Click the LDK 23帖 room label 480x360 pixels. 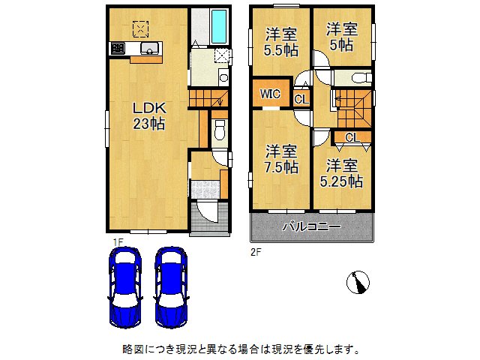tap(149, 115)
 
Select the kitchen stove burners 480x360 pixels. tap(118, 49)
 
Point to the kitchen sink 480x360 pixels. tap(149, 49)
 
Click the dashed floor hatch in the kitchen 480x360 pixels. tap(140, 28)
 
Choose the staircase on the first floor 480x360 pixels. tap(206, 97)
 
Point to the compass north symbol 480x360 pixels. tap(358, 282)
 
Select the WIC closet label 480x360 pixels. tap(271, 95)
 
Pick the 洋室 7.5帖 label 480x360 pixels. tap(279, 157)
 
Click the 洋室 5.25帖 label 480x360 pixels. tap(341, 172)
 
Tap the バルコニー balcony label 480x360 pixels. tap(311, 226)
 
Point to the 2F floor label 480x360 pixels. tap(255, 253)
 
